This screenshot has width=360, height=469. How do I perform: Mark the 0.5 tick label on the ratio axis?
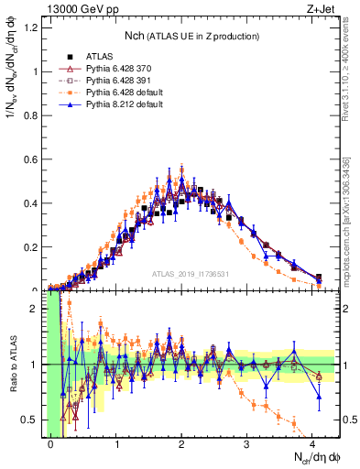coord(33,420)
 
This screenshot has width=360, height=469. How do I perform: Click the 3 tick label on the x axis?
coord(247,443)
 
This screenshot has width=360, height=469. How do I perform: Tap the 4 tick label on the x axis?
coord(312,443)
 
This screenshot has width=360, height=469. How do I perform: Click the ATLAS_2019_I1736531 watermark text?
coord(191,274)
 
